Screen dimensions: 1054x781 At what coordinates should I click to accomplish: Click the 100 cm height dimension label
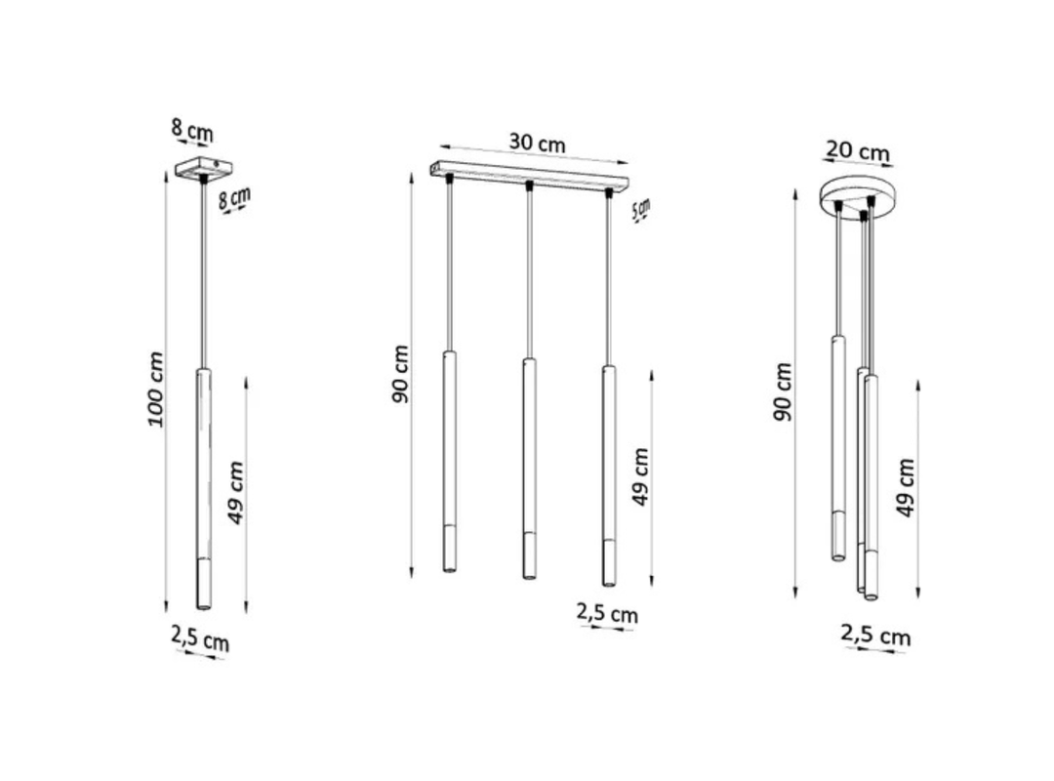tap(156, 389)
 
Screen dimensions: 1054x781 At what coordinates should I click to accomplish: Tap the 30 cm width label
tap(537, 144)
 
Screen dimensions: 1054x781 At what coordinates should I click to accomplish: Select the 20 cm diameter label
tap(858, 150)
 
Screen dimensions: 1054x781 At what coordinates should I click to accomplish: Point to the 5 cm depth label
tap(642, 210)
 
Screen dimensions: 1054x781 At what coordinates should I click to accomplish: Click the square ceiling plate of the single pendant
tap(203, 168)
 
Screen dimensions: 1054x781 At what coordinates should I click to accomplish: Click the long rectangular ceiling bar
tap(529, 174)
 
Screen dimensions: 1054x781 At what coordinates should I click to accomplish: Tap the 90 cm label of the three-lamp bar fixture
tap(401, 374)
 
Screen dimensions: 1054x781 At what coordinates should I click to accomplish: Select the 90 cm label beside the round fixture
tap(783, 391)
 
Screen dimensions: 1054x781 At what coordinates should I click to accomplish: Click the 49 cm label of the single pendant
tap(236, 492)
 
